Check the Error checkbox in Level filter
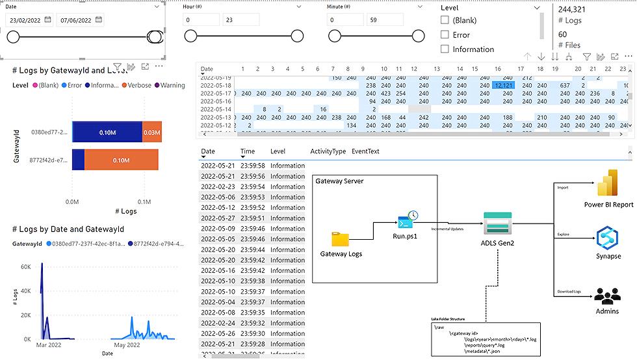(445, 34)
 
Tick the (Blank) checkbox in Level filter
(445, 20)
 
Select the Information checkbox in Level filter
(445, 49)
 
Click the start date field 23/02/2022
(29, 20)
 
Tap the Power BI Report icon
(609, 184)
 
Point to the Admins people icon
(608, 296)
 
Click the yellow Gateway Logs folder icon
(341, 239)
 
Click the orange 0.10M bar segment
(119, 161)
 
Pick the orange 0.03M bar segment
(151, 132)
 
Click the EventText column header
(365, 151)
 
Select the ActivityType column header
(328, 151)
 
